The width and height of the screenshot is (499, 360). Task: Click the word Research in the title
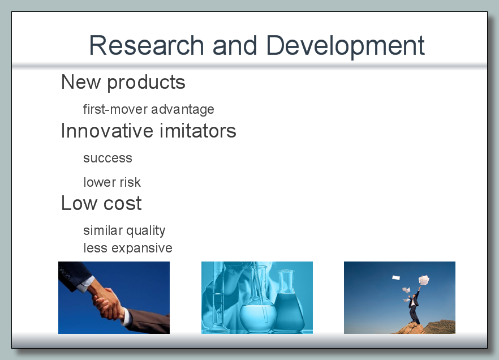coord(147,45)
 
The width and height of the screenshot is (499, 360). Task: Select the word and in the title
coord(235,45)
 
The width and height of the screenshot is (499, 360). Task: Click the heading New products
coord(123,83)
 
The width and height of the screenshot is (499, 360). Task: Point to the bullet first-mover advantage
coord(149,109)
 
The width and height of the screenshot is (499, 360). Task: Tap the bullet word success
coord(107,158)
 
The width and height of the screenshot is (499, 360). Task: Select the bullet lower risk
coord(111,182)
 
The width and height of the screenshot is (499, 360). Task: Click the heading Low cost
coord(101,203)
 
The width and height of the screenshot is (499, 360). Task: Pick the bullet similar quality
coord(124,230)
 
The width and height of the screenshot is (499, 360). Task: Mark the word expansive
coord(141,248)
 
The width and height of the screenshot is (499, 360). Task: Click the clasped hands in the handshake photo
coord(107,303)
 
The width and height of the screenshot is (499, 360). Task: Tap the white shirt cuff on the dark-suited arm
coord(85,284)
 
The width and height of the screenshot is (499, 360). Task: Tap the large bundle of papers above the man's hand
coord(424,280)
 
